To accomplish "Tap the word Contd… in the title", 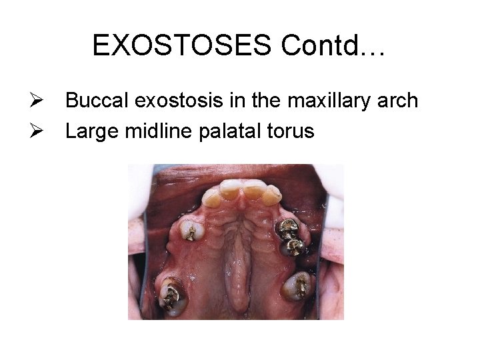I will click(x=333, y=45).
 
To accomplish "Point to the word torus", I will click(x=291, y=131).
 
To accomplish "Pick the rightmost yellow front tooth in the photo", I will click(x=272, y=194).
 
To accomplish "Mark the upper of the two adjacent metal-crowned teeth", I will click(x=289, y=229).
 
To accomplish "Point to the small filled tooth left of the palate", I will click(x=191, y=231).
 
